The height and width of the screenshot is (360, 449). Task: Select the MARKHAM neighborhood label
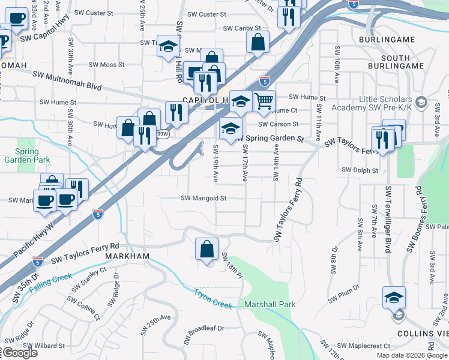pyautogui.click(x=127, y=256)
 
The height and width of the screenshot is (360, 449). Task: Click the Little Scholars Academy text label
pyautogui.click(x=385, y=103)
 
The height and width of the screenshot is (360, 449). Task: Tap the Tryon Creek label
pyautogui.click(x=212, y=299)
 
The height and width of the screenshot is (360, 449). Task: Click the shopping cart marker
pyautogui.click(x=264, y=100)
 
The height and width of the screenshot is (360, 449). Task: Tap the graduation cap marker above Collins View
pyautogui.click(x=394, y=297)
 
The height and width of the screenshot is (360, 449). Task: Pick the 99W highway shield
pyautogui.click(x=162, y=134)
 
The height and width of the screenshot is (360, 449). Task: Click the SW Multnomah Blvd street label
pyautogui.click(x=67, y=79)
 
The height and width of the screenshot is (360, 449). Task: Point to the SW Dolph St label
pyautogui.click(x=360, y=170)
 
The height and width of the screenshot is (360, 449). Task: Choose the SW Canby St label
pyautogui.click(x=242, y=28)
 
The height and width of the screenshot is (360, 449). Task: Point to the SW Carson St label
pyautogui.click(x=279, y=124)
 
